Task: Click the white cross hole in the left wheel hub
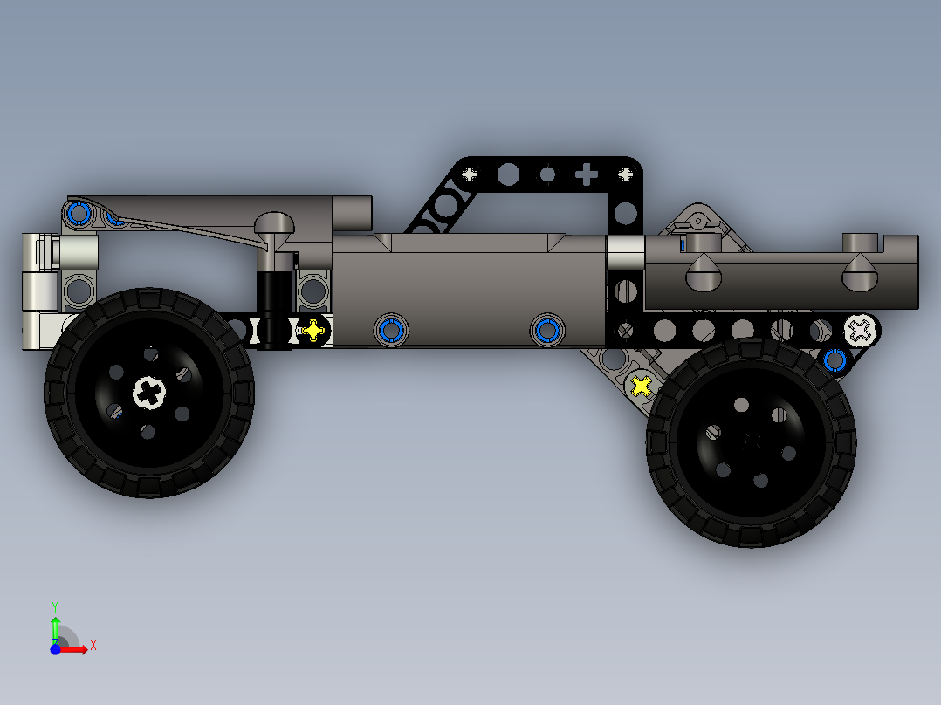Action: click(149, 393)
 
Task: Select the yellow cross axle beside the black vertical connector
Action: click(312, 331)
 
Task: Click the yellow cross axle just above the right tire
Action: click(642, 385)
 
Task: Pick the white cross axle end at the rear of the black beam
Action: click(860, 330)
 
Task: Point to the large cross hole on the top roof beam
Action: click(587, 175)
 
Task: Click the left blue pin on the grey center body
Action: click(390, 330)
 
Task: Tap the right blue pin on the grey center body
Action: click(547, 330)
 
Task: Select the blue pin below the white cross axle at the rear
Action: click(835, 359)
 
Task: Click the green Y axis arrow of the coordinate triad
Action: click(55, 627)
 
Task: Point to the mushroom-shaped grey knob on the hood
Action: click(276, 225)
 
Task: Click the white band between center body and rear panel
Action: click(625, 253)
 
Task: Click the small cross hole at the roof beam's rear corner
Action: click(625, 175)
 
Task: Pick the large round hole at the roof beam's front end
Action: click(507, 175)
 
